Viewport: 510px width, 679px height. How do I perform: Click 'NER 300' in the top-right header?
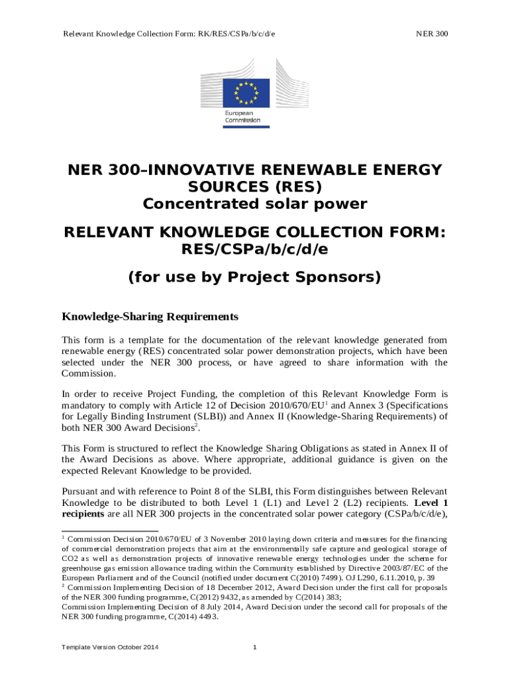click(431, 33)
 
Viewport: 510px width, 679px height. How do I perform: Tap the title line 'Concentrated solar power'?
click(255, 204)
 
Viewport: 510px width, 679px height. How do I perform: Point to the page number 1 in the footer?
click(255, 647)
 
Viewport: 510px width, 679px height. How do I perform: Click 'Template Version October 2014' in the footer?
click(110, 647)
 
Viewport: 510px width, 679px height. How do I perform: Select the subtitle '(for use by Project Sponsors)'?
click(255, 277)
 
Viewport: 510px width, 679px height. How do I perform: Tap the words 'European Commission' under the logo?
click(242, 117)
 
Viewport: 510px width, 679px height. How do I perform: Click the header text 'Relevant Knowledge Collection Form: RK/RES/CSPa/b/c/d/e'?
click(169, 33)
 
